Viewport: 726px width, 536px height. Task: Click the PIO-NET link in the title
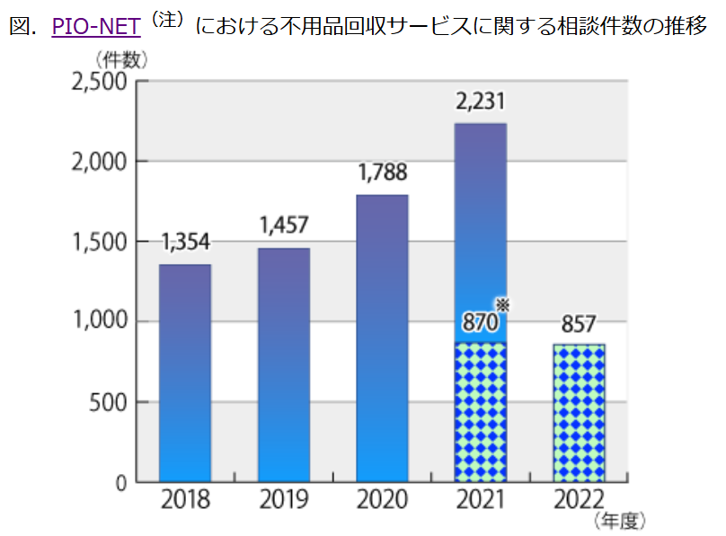pos(96,26)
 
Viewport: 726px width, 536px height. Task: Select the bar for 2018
pos(186,373)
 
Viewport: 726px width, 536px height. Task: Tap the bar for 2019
pos(284,364)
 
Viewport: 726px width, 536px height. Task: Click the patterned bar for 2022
pos(579,413)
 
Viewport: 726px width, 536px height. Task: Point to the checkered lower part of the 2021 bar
pos(481,413)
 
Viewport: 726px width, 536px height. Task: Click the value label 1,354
pos(186,242)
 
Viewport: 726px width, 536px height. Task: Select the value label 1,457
pos(284,226)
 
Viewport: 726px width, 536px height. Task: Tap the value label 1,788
pos(382,171)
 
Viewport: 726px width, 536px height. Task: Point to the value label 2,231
pos(481,101)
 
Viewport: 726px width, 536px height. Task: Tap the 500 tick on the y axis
pos(108,402)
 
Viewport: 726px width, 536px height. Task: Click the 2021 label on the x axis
pos(481,501)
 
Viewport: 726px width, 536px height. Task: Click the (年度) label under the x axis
pos(619,521)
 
